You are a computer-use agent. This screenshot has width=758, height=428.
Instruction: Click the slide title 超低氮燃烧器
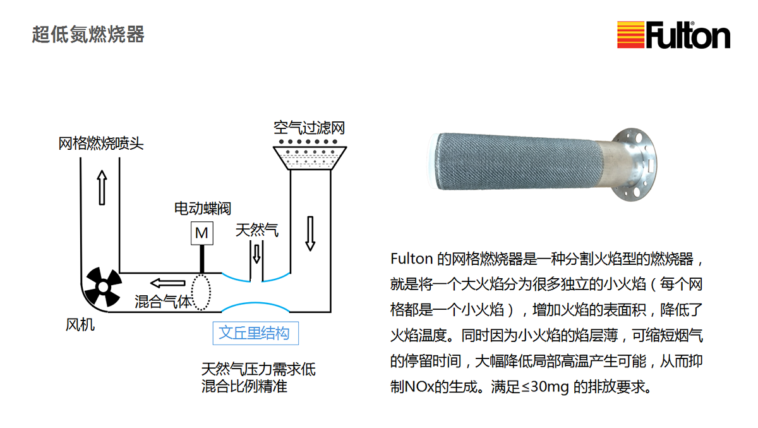88,34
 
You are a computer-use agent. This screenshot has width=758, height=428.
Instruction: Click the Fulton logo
673,35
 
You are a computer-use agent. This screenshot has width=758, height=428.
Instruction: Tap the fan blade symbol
103,287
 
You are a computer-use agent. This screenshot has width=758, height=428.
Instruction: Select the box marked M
202,233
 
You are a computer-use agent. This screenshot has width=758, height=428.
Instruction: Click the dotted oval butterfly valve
201,292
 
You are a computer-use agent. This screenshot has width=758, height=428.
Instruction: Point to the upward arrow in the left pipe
102,187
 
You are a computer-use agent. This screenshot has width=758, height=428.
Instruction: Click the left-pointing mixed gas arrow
167,283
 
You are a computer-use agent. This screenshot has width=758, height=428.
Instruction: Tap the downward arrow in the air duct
310,233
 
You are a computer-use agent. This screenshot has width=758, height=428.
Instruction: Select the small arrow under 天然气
257,254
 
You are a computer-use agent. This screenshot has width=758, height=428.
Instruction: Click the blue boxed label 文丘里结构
255,333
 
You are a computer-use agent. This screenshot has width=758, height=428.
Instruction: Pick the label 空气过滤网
309,128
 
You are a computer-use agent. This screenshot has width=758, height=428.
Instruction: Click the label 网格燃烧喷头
101,144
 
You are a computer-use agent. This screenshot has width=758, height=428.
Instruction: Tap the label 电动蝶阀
202,208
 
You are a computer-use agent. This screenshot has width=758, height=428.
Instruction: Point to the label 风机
80,325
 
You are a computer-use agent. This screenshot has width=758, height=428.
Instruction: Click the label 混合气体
163,302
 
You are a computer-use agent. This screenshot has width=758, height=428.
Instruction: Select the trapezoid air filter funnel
310,158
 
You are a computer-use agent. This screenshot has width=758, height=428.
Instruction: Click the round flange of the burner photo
634,164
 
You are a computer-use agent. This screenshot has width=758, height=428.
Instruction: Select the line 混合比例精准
244,386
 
